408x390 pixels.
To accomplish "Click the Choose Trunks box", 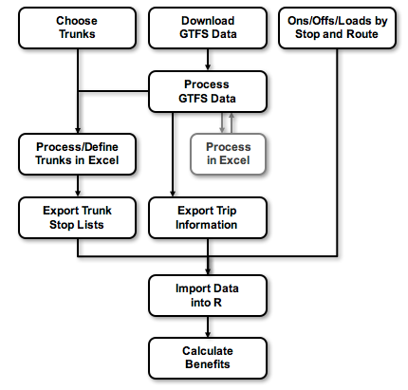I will click(77, 27).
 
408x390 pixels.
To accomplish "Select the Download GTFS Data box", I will click(207, 27).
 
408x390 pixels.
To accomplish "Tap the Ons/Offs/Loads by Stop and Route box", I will click(337, 27).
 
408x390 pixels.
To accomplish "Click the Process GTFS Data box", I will click(207, 92).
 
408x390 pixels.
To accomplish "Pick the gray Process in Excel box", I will click(228, 154).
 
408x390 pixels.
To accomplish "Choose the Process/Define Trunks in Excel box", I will click(77, 154).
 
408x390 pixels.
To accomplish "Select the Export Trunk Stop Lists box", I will click(77, 216).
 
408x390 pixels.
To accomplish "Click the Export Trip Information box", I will click(207, 216).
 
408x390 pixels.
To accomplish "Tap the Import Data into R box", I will click(207, 295).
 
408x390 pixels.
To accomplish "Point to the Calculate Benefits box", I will click(207, 358).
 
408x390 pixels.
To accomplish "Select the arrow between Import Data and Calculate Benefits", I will click(207, 326).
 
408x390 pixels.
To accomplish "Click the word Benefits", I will click(207, 365).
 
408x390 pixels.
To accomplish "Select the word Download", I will click(207, 20).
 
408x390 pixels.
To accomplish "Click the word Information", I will click(207, 225).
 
